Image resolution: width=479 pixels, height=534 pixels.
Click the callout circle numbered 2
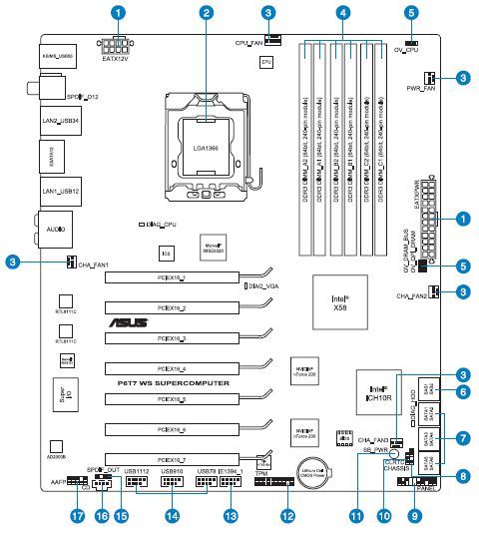tap(207, 13)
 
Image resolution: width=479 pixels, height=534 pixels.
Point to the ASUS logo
tap(125, 322)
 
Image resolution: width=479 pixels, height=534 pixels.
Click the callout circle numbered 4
tap(343, 13)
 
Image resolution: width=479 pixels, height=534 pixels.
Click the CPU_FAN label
tap(249, 44)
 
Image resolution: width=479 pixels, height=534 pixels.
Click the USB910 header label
tap(170, 470)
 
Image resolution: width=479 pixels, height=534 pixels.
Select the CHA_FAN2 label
tap(412, 296)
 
